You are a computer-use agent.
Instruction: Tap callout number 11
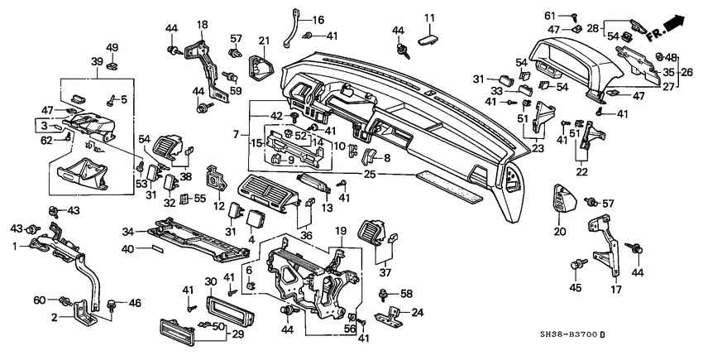tap(429, 18)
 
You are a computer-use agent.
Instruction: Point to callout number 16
tap(318, 19)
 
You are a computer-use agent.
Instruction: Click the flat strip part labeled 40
tap(158, 247)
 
